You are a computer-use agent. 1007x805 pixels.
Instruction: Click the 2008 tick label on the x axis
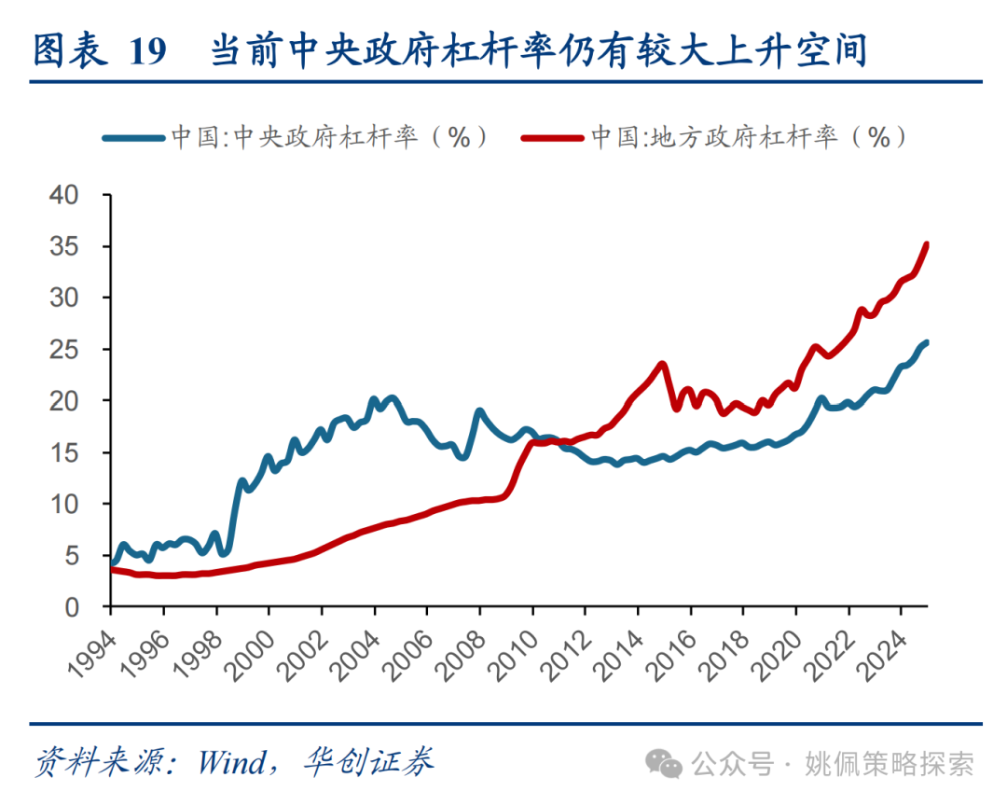[x=462, y=645]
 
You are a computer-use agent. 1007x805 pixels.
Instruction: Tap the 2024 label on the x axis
[x=883, y=645]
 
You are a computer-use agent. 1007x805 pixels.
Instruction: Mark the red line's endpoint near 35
[x=926, y=245]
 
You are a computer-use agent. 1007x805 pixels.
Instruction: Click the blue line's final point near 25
[x=926, y=342]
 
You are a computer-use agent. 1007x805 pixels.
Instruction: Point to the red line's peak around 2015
[x=662, y=364]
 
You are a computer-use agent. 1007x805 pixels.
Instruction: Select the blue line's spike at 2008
[x=479, y=410]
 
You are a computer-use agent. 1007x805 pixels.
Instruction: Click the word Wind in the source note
[x=231, y=764]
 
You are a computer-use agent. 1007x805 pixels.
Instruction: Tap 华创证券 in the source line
[x=368, y=764]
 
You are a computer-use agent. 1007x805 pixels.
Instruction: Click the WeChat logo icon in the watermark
[x=669, y=765]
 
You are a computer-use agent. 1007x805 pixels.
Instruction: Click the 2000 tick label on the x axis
[x=251, y=645]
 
